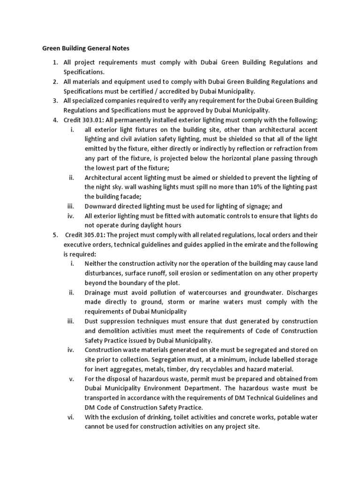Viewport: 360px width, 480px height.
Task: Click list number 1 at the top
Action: point(55,62)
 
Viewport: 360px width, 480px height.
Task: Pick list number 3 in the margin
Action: point(55,101)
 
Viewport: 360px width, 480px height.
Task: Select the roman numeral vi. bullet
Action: point(72,417)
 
